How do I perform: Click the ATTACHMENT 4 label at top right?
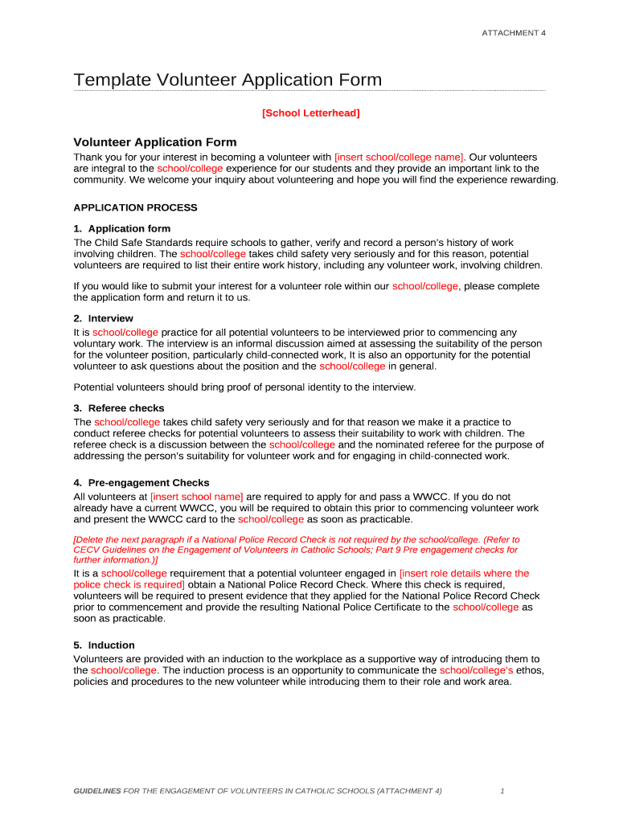pyautogui.click(x=513, y=32)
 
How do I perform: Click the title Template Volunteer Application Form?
pyautogui.click(x=228, y=80)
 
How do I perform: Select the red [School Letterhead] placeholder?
pyautogui.click(x=310, y=113)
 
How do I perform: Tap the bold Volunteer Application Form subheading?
pyautogui.click(x=155, y=142)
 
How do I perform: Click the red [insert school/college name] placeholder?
pyautogui.click(x=399, y=157)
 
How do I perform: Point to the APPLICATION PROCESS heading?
pyautogui.click(x=135, y=207)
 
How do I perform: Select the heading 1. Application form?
pyautogui.click(x=122, y=229)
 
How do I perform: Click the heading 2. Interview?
pyautogui.click(x=104, y=319)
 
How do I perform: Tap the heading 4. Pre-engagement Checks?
pyautogui.click(x=141, y=483)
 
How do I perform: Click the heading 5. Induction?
pyautogui.click(x=105, y=645)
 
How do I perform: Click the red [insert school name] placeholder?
pyautogui.click(x=196, y=497)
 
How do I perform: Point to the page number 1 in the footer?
pyautogui.click(x=502, y=791)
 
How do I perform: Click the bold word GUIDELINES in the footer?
pyautogui.click(x=97, y=791)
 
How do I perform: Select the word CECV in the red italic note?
pyautogui.click(x=86, y=551)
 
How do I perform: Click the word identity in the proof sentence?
pyautogui.click(x=299, y=387)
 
